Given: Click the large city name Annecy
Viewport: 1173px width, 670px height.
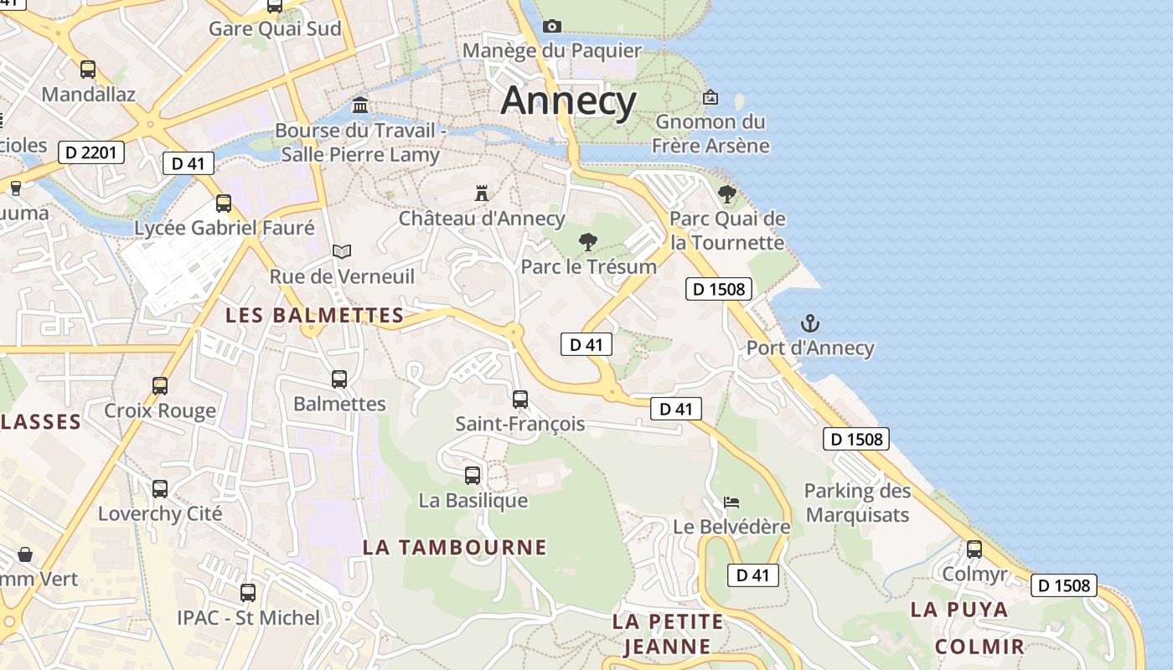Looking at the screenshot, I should coord(569,101).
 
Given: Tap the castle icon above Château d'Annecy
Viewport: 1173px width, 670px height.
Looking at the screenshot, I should coord(482,193).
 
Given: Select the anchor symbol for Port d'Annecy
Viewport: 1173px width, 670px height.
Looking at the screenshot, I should coord(810,323).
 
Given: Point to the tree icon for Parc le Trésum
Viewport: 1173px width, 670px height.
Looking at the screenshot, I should coord(588,242).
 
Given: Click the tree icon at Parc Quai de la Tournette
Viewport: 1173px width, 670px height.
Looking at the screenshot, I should coord(727,194).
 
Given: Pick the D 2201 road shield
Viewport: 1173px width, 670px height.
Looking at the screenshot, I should coord(91,152).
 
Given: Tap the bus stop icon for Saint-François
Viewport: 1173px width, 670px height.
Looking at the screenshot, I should coord(520,399).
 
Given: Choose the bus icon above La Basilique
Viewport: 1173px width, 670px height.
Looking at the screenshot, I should coord(473,476).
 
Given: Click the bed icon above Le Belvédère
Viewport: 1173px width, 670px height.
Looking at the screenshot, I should coord(731,502).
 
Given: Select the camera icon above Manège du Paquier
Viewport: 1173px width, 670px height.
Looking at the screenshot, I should coord(551,26).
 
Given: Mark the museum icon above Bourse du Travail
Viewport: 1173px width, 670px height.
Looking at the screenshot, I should coord(360,105).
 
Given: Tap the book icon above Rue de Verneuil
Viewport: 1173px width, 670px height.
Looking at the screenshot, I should coord(342,251).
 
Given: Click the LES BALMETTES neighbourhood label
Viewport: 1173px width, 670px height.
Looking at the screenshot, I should coord(315,316).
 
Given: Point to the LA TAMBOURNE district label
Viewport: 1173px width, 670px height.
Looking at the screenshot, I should coord(454,548).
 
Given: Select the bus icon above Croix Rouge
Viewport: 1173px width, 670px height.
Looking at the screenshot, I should coord(160,386).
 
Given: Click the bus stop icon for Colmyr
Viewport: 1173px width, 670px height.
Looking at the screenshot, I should coord(974,549).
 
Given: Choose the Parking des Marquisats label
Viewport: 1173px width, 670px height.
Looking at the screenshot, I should coord(857,502).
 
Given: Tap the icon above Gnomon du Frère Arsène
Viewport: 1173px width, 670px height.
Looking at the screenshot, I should coord(711,97).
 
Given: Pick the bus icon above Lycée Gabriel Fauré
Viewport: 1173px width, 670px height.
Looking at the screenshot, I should coord(224,203).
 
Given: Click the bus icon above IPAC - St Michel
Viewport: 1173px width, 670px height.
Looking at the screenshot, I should coord(248,593).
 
